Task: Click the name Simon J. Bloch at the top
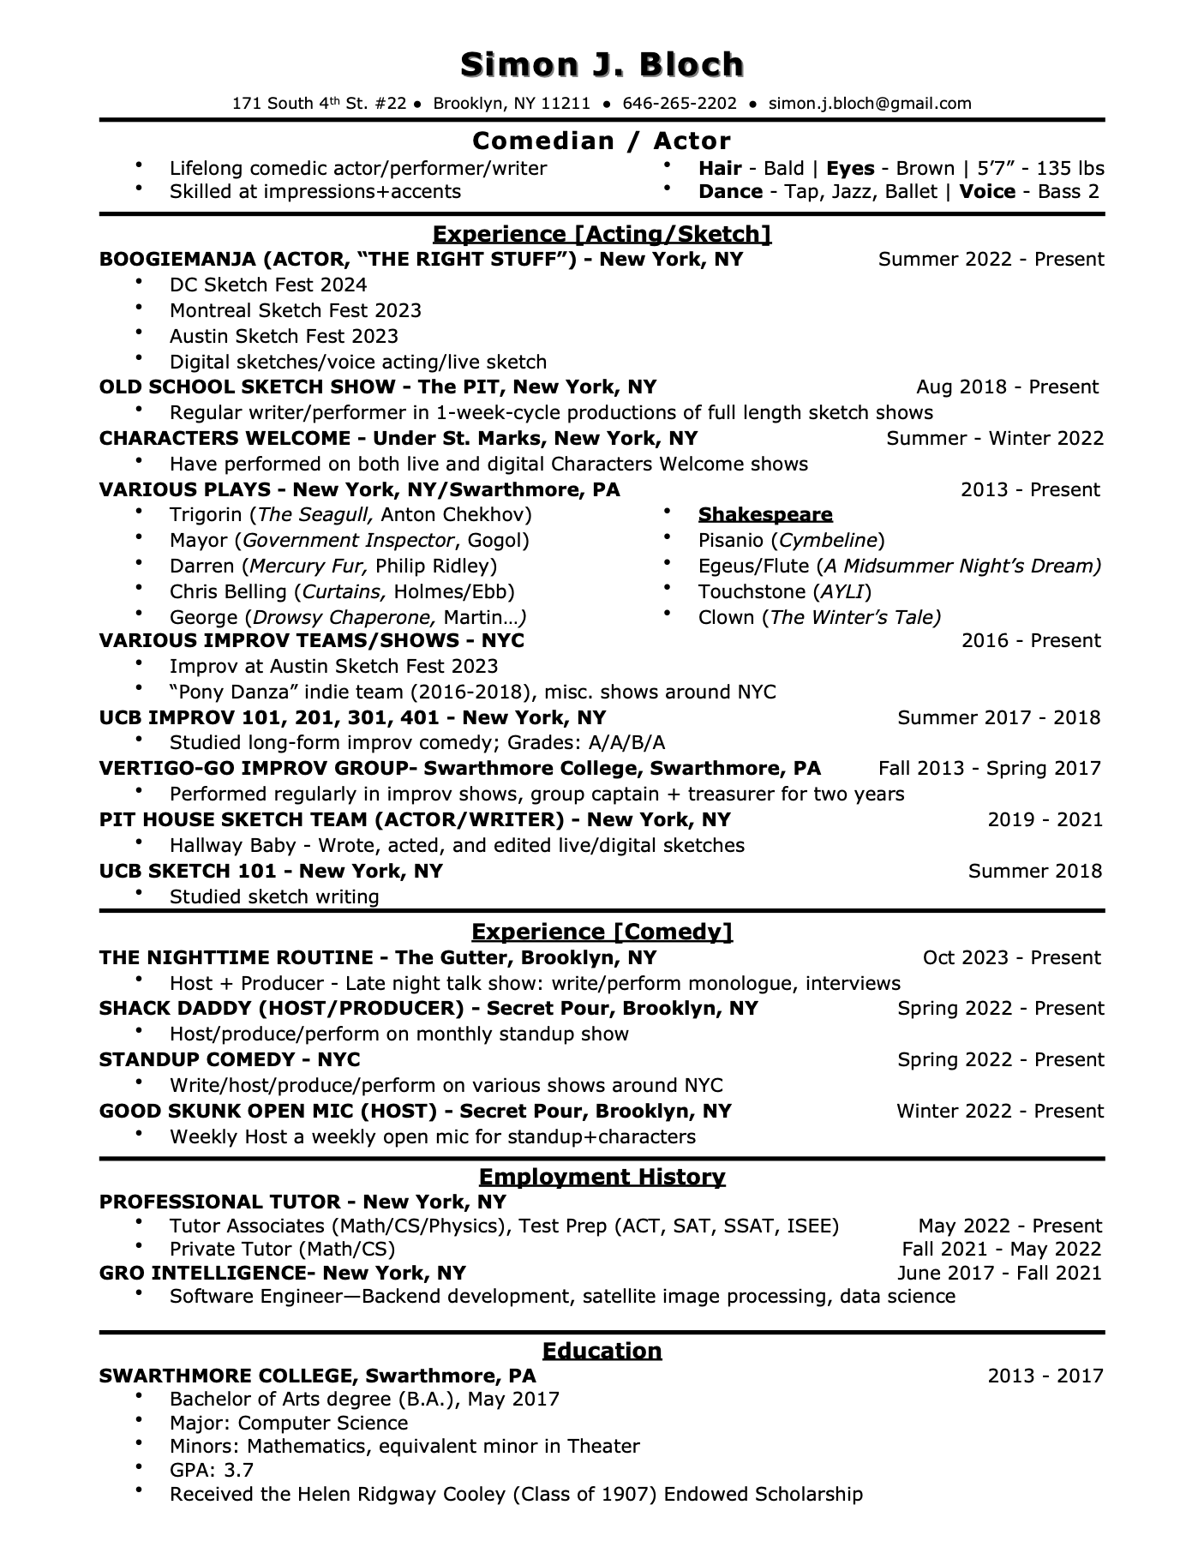[602, 65]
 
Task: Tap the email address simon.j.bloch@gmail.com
[870, 104]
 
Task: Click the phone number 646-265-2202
[680, 104]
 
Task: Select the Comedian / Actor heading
[602, 141]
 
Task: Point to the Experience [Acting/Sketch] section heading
[602, 234]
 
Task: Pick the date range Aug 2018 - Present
[1007, 387]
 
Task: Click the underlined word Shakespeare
[765, 514]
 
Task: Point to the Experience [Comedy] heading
[602, 932]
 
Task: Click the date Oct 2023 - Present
[1011, 957]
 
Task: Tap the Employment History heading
[602, 1177]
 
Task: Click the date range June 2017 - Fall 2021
[999, 1273]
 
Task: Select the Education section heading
[602, 1351]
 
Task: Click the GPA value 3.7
[238, 1470]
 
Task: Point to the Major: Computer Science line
[289, 1423]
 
